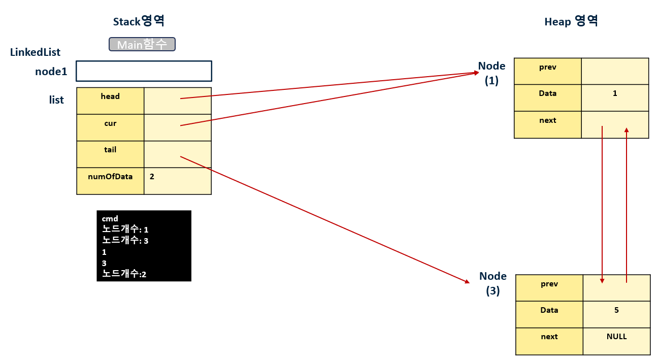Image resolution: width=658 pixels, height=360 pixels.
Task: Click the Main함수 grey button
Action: pos(142,45)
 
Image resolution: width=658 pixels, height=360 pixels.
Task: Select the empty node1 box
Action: pos(144,71)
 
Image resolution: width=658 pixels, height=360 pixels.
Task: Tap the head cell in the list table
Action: pos(110,100)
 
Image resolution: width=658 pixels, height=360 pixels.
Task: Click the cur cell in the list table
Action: pos(110,127)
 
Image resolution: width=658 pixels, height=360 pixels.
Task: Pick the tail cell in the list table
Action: pos(110,154)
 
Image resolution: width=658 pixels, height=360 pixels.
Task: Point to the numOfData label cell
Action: pos(110,181)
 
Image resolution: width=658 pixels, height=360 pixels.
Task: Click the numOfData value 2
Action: pos(152,177)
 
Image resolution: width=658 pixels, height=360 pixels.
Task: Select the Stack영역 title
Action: pos(138,21)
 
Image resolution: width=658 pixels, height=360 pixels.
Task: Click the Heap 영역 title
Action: pos(571,21)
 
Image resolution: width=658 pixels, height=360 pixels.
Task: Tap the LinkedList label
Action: pos(35,52)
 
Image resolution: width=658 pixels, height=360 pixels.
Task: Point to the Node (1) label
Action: pos(491,73)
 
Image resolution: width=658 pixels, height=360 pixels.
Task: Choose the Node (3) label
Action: pos(493,283)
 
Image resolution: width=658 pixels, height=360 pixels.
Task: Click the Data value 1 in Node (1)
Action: pos(615,93)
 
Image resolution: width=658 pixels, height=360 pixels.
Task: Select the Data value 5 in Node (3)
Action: pos(616,310)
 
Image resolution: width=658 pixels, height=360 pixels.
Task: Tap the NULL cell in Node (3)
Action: pos(616,337)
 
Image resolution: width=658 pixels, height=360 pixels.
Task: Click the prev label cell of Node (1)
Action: pos(548,71)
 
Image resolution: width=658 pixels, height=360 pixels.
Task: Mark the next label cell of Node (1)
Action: pos(548,124)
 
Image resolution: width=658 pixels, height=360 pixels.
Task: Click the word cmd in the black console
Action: pos(110,219)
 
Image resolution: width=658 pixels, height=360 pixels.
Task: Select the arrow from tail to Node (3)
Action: pos(325,219)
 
